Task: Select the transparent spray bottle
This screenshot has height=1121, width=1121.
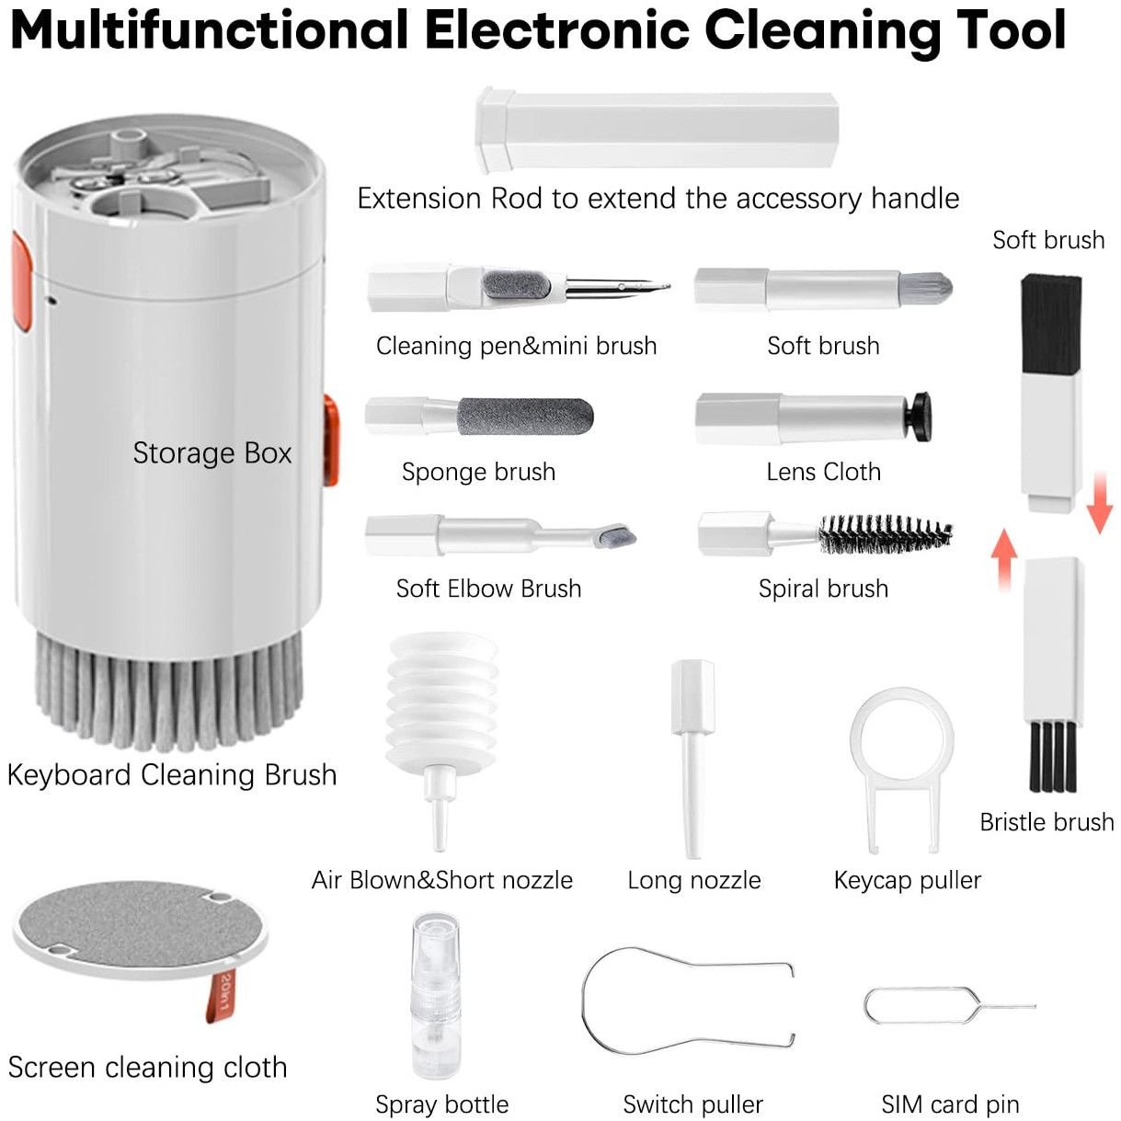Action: coord(435,996)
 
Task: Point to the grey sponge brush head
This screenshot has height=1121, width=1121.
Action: coord(525,417)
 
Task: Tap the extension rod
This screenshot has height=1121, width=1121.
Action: coord(657,131)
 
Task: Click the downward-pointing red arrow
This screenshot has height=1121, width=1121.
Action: coord(1099,503)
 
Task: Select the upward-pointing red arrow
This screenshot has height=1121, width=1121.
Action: coord(1005,560)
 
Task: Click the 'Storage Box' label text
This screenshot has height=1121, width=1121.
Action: coord(212,452)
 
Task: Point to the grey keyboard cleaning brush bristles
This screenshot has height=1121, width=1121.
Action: coord(169,690)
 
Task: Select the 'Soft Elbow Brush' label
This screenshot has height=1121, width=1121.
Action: coord(488,589)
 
